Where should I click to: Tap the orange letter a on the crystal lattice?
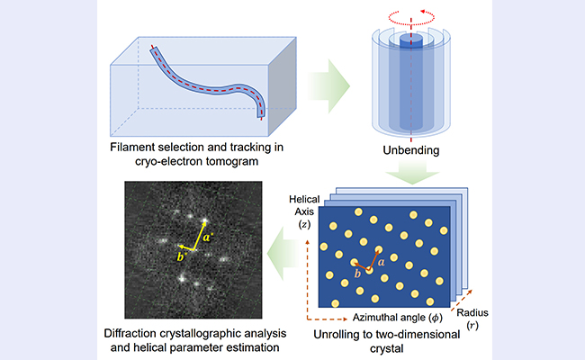click(x=382, y=259)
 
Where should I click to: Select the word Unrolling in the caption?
click(x=337, y=336)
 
